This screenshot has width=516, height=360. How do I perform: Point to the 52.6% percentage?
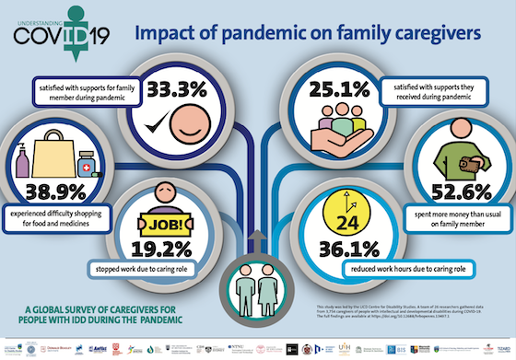(x=454, y=191)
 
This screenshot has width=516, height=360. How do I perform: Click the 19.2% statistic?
(x=162, y=248)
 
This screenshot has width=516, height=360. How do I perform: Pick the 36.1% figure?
(x=350, y=248)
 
